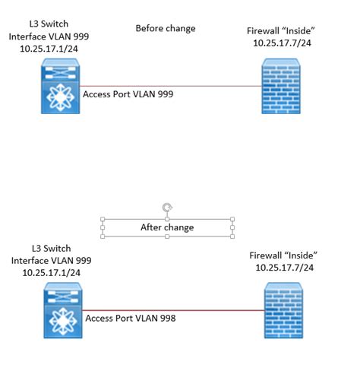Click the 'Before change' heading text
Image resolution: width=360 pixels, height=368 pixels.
point(165,29)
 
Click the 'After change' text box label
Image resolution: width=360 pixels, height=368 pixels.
point(167,227)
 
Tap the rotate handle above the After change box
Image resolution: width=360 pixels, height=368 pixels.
point(167,208)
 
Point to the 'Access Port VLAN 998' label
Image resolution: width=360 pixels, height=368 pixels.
point(131,319)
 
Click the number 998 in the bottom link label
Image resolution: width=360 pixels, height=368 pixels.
point(166,319)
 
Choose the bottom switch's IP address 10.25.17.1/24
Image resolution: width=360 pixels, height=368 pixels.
point(49,272)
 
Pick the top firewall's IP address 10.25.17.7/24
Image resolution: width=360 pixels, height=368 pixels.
point(281,44)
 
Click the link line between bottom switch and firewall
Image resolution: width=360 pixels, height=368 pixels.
point(220,310)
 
